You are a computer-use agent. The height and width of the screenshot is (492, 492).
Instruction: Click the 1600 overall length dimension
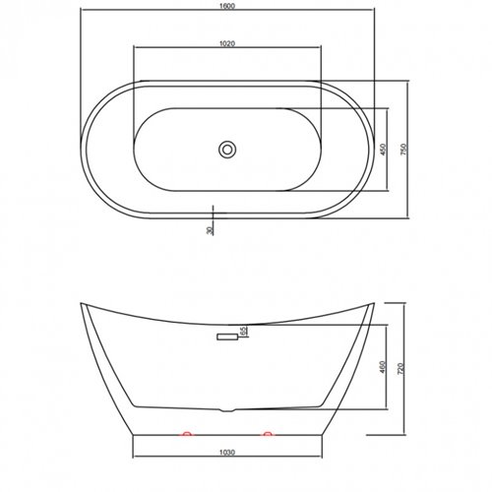[227, 5]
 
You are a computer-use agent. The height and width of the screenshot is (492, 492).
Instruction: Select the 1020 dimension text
[227, 42]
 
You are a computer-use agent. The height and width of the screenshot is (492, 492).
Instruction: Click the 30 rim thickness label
[208, 229]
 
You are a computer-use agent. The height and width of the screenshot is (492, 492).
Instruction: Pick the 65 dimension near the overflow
[243, 332]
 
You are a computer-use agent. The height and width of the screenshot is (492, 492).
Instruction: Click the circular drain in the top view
[227, 150]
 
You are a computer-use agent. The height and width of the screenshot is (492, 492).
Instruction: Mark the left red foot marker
[185, 432]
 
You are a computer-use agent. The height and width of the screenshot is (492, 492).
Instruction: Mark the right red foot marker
[267, 432]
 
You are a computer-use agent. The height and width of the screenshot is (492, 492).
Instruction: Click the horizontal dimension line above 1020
[227, 48]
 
